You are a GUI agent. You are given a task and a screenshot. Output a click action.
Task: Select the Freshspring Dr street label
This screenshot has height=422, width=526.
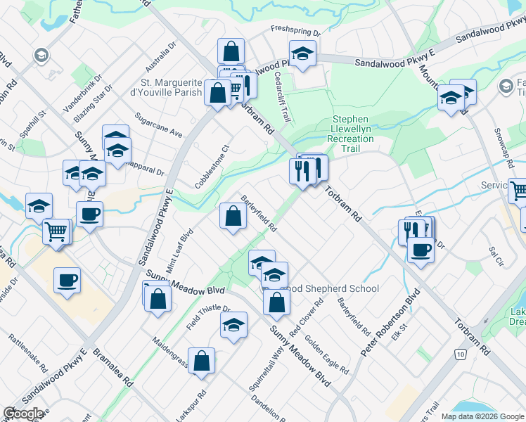[296, 32]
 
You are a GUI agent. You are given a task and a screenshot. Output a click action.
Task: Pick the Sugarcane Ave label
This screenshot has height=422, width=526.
[159, 124]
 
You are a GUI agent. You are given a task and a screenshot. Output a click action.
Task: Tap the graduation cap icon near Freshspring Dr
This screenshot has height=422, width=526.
[302, 53]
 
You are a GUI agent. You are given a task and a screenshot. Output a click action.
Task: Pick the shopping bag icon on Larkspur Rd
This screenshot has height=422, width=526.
[202, 361]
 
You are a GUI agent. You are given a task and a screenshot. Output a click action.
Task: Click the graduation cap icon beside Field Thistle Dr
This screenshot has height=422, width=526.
[233, 325]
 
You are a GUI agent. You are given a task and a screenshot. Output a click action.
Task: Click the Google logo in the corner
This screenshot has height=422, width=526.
[23, 414]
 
